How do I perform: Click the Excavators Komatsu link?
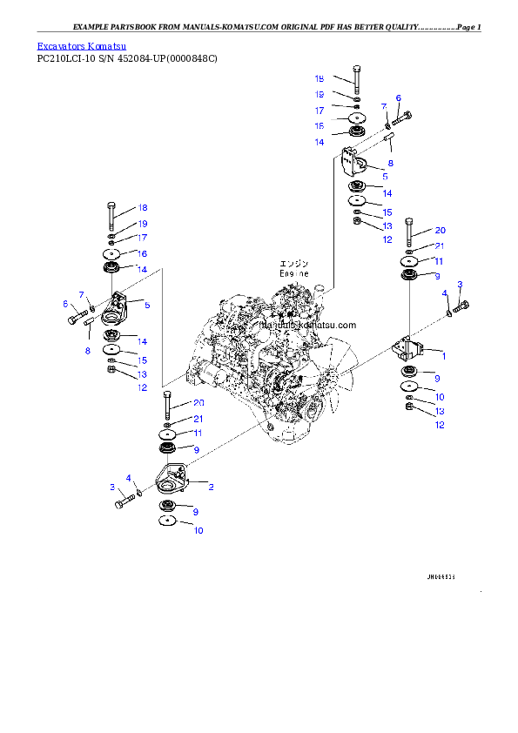click(81, 45)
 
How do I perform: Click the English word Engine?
click(294, 273)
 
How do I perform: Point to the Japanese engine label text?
click(294, 263)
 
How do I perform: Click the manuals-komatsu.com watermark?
click(310, 325)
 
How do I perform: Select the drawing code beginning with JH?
click(441, 576)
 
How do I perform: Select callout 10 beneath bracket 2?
click(198, 530)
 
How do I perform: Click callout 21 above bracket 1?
click(440, 245)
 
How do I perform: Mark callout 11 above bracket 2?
click(198, 433)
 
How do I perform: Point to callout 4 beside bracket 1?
click(444, 293)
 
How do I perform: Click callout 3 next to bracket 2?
click(112, 487)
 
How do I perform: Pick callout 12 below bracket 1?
click(440, 425)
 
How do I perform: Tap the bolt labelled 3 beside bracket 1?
click(461, 306)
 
